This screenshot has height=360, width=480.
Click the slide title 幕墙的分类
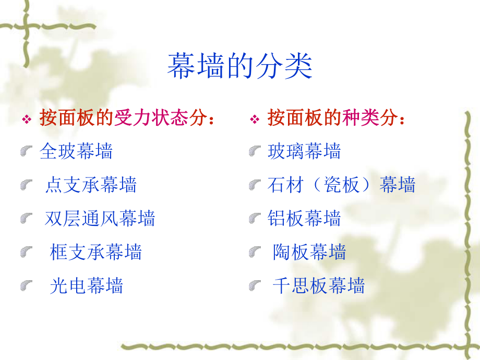[239, 67]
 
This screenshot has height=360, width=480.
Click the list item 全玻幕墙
[76, 151]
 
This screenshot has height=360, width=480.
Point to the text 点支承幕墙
[91, 185]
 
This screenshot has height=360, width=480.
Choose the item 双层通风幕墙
[100, 218]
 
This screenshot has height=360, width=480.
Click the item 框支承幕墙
[95, 252]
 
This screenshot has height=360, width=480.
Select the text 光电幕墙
[86, 285]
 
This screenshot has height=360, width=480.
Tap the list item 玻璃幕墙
[304, 151]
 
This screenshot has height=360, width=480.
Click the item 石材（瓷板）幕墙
[342, 185]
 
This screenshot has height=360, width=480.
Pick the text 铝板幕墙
[304, 218]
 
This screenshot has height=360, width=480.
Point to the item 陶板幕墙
[309, 252]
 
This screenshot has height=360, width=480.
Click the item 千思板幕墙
[318, 285]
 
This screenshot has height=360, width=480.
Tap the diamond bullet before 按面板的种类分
[255, 120]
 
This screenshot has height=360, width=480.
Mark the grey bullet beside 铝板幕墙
[255, 219]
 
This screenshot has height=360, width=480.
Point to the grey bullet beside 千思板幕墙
[255, 286]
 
